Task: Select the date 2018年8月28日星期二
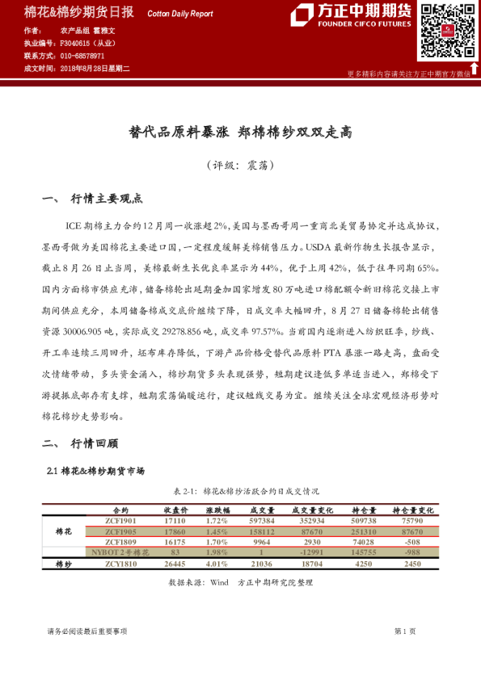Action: click(95, 70)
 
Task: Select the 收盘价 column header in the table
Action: click(175, 510)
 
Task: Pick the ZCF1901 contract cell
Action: click(120, 522)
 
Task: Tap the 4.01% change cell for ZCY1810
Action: click(217, 565)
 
